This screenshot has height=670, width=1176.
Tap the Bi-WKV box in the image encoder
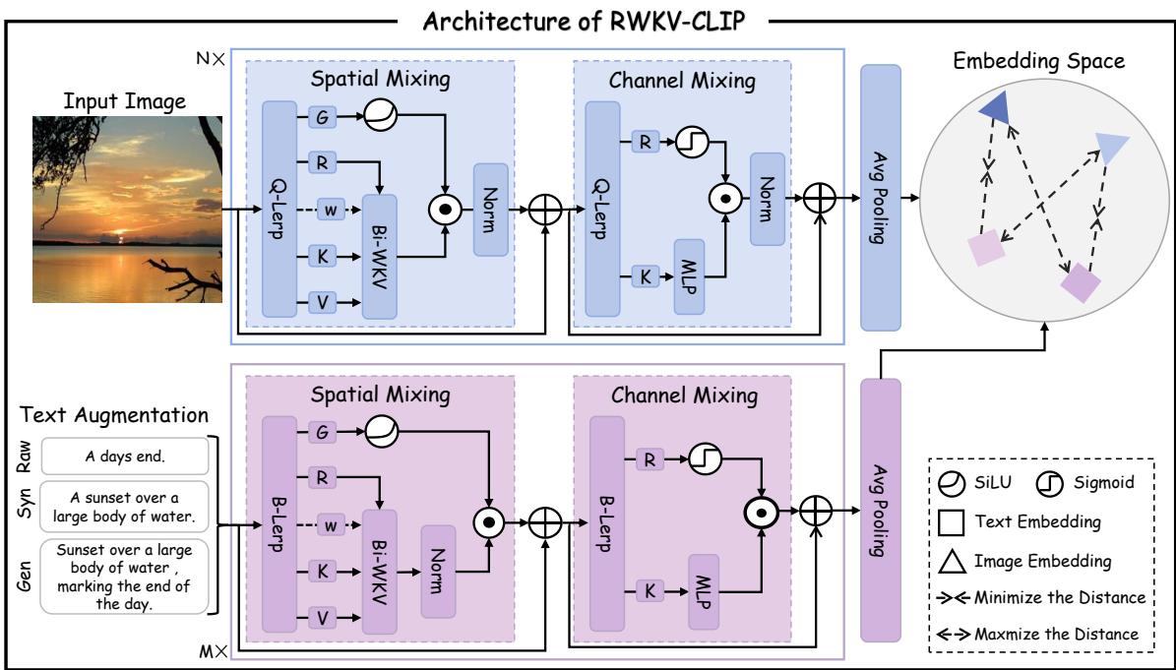379,256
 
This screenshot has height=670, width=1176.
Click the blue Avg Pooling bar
881,197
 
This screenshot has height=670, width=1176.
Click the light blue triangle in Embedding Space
1112,147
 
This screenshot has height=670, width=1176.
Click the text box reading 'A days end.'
124,457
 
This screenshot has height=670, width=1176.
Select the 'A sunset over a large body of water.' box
124,506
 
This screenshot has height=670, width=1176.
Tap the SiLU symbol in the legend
954,482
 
